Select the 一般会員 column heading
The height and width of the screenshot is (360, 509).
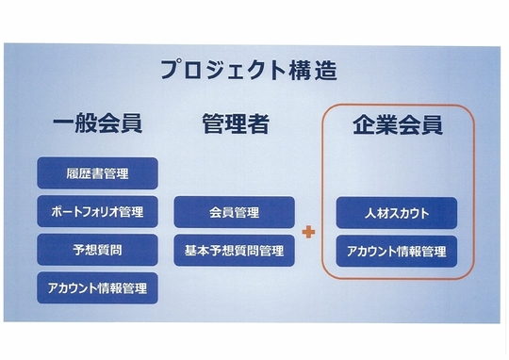pyautogui.click(x=98, y=123)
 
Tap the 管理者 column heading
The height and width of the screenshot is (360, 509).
pyautogui.click(x=236, y=123)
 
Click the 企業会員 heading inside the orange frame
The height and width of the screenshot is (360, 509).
pyautogui.click(x=398, y=125)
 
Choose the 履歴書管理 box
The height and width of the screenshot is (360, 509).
pyautogui.click(x=97, y=173)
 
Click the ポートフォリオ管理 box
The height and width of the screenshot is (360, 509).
pyautogui.click(x=97, y=212)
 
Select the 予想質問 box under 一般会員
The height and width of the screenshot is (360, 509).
pyautogui.click(x=97, y=250)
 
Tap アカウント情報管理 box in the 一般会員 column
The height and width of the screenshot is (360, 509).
pyautogui.click(x=97, y=288)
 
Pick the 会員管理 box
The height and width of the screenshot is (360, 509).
pyautogui.click(x=235, y=212)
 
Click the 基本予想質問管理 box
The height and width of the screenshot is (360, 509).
pyautogui.click(x=235, y=251)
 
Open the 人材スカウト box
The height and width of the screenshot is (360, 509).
pyautogui.click(x=397, y=213)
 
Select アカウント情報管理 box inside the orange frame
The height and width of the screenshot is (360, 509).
pyautogui.click(x=397, y=252)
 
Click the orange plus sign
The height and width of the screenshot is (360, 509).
pyautogui.click(x=308, y=232)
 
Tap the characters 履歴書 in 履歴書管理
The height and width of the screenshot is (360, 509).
pyautogui.click(x=85, y=173)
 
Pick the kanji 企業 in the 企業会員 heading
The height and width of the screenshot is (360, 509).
pyautogui.click(x=375, y=125)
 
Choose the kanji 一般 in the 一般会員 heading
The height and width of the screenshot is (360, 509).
pyautogui.click(x=75, y=123)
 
